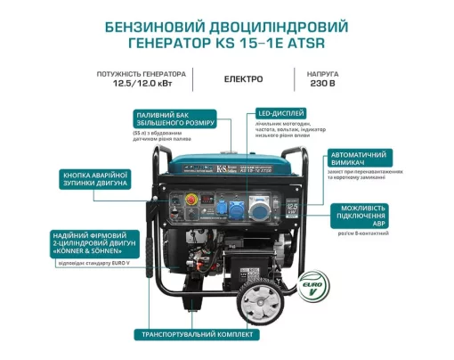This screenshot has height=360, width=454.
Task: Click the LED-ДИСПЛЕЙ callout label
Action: pos(282,114)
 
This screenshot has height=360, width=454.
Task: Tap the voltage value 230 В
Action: pos(320,86)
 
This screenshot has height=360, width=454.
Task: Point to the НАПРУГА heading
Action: pos(320,73)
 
